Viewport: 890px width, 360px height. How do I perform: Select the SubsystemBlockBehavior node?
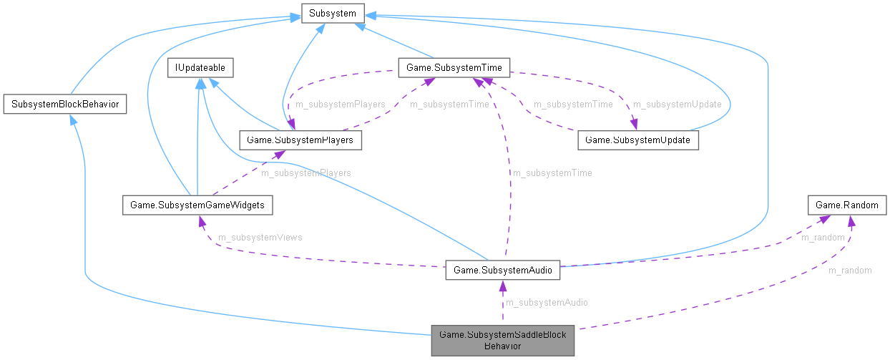coord(65,104)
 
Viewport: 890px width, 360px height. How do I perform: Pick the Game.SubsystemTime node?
coord(454,68)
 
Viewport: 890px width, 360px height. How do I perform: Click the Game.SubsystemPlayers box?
coord(299,140)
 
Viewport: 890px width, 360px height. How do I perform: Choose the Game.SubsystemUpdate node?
coord(637,140)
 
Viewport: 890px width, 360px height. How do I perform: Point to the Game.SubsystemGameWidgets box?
coord(197,205)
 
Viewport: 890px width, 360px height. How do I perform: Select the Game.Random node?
coord(847,205)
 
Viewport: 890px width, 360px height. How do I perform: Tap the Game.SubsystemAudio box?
coord(502,271)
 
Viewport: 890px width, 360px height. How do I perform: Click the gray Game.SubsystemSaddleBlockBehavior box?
coord(502,340)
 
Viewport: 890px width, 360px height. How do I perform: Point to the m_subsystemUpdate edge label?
coord(677,104)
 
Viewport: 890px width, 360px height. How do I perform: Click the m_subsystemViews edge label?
coord(260,238)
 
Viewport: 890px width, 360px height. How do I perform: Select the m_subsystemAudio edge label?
coord(547,303)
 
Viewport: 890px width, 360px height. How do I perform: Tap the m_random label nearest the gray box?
coord(850,271)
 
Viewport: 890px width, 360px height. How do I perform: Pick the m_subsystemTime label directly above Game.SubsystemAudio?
coord(551,173)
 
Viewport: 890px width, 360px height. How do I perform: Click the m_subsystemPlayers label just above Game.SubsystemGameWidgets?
coord(305,173)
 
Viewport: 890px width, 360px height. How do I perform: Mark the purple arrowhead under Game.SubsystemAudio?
coord(502,286)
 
